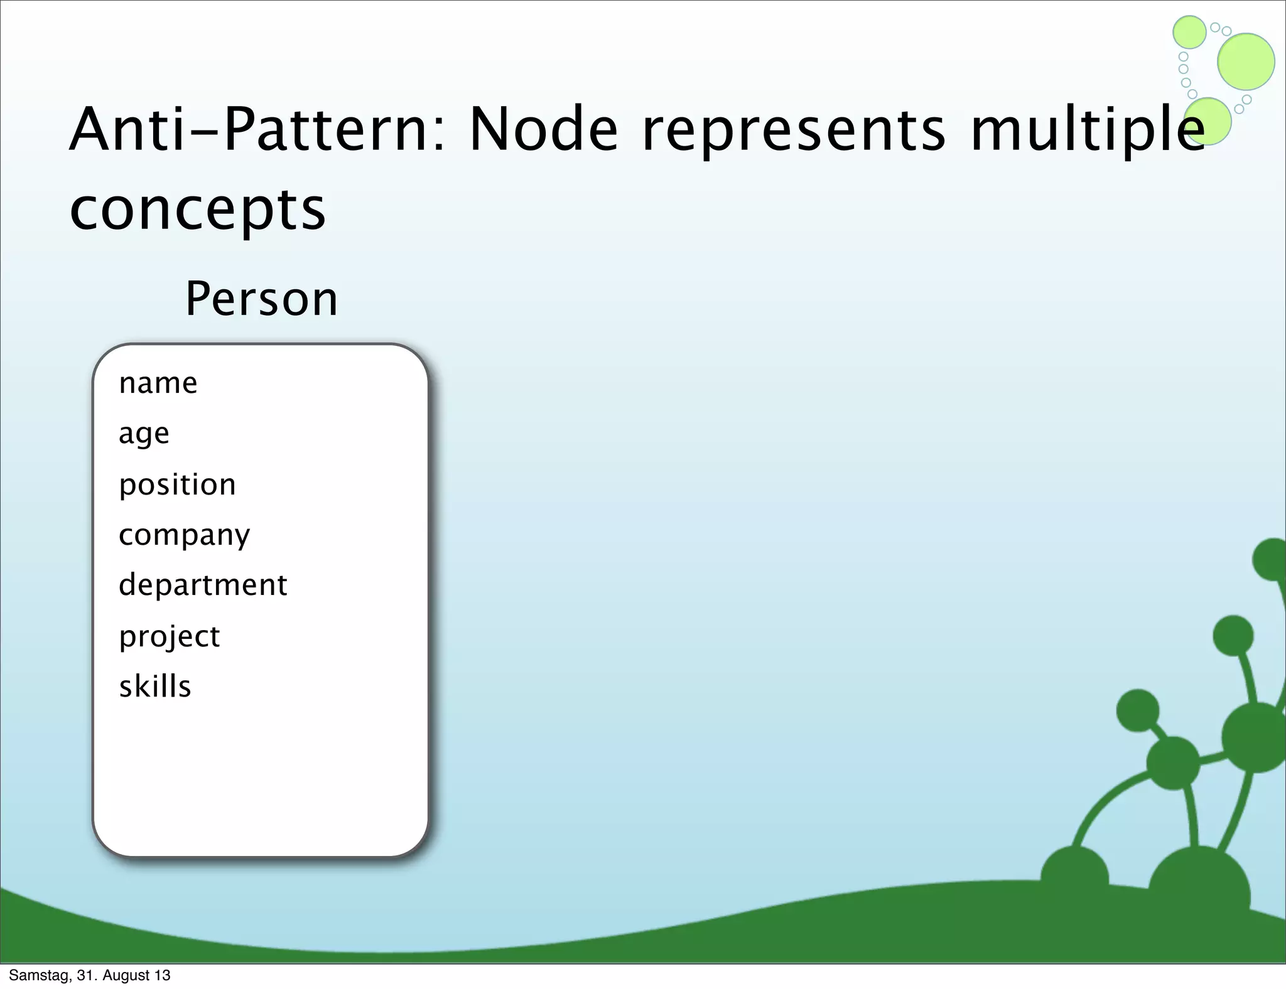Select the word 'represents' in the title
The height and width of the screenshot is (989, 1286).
[x=793, y=132]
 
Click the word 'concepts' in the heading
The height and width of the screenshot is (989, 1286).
[x=198, y=210]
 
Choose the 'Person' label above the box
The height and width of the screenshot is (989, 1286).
[x=261, y=299]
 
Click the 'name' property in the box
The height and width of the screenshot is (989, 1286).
[x=158, y=383]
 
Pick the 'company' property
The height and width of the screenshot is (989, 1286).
[x=184, y=536]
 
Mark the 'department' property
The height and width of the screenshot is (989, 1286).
[x=203, y=585]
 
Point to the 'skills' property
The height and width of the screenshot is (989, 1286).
[x=155, y=687]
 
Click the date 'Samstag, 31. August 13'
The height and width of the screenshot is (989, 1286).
[x=90, y=975]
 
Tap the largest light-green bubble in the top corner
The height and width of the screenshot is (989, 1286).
[x=1246, y=61]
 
